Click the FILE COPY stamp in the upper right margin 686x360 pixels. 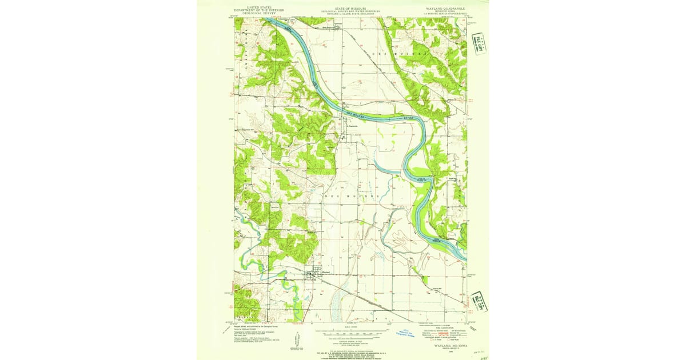(479, 44)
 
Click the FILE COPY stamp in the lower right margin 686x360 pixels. (479, 301)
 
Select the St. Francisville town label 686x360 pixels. (349, 126)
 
